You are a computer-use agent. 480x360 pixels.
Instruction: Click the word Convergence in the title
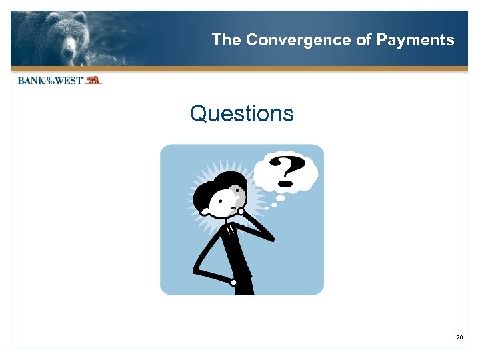coord(298,40)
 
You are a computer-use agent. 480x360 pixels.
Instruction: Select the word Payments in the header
coord(415,40)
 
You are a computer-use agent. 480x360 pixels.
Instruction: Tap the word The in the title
coord(227,40)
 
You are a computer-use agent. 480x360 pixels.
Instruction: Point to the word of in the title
coord(364,40)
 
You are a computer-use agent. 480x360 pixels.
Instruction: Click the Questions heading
coord(241,113)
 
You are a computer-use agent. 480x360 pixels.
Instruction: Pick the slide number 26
coord(459,338)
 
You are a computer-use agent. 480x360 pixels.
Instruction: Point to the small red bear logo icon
coord(93,80)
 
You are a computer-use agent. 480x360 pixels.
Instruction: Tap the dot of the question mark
coord(287,183)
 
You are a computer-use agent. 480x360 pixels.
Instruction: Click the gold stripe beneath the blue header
coord(240,69)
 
